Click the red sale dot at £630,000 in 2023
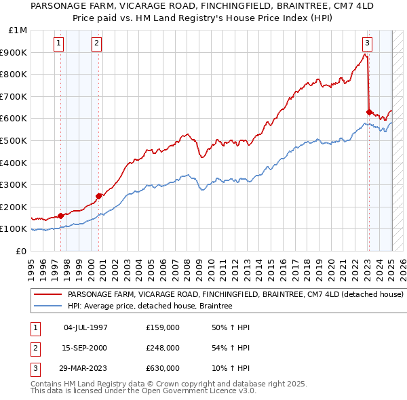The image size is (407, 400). (369, 112)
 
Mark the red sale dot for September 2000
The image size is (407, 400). (99, 196)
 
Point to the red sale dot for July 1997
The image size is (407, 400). (60, 216)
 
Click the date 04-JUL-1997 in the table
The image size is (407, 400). (85, 327)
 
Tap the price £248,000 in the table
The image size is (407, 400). (162, 348)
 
